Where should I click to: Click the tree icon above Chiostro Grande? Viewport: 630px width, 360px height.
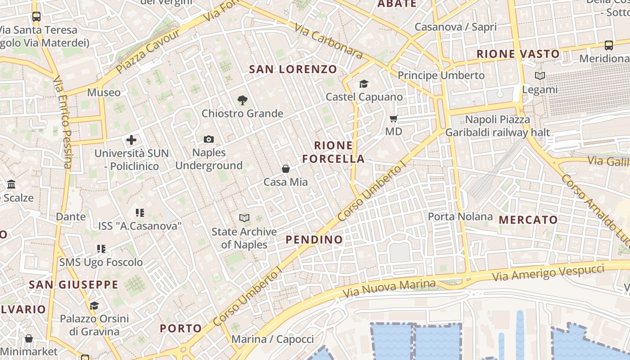pyautogui.click(x=242, y=100)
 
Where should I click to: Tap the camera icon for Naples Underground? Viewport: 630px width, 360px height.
pyautogui.click(x=209, y=139)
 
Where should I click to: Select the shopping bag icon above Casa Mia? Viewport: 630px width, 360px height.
pyautogui.click(x=286, y=169)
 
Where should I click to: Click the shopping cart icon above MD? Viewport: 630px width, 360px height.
pyautogui.click(x=394, y=119)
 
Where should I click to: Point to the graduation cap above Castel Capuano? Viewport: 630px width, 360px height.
pyautogui.click(x=364, y=84)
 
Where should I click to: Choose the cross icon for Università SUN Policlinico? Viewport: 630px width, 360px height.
pyautogui.click(x=131, y=140)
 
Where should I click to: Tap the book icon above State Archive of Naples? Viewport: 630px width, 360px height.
pyautogui.click(x=244, y=218)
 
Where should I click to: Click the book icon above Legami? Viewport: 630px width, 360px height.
pyautogui.click(x=540, y=76)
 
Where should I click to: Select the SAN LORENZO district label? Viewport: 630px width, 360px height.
pyautogui.click(x=293, y=69)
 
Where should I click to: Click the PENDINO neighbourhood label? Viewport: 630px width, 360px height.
pyautogui.click(x=315, y=239)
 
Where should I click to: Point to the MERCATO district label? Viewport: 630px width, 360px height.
pyautogui.click(x=528, y=220)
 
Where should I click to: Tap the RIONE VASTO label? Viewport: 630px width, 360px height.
pyautogui.click(x=518, y=54)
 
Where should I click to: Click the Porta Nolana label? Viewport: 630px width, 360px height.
pyautogui.click(x=460, y=216)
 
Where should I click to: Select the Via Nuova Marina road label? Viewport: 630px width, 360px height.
pyautogui.click(x=389, y=288)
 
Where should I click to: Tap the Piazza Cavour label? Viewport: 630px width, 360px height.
pyautogui.click(x=148, y=51)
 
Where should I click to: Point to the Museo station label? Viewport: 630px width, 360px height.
pyautogui.click(x=104, y=93)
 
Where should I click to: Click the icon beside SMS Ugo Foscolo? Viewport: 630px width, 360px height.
pyautogui.click(x=101, y=249)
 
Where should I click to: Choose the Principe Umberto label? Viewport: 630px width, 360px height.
pyautogui.click(x=441, y=75)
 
